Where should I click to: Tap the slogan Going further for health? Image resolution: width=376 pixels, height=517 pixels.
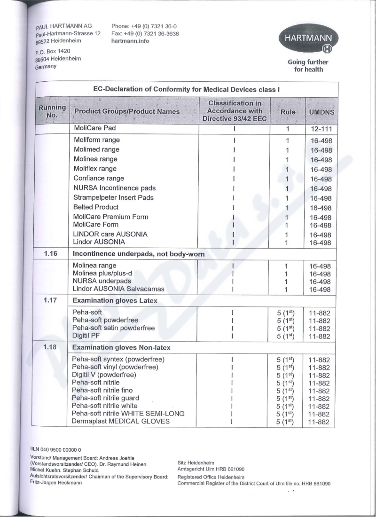tap(308, 66)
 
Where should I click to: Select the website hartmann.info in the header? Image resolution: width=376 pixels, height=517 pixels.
tap(130, 41)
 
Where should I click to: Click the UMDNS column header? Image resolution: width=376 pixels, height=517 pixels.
tap(321, 112)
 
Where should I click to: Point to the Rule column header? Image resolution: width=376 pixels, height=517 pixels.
tap(288, 112)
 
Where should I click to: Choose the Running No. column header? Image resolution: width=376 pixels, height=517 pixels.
tap(51, 111)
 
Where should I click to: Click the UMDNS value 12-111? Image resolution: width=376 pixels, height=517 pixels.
tap(321, 129)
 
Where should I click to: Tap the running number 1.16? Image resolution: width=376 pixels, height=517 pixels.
tap(51, 254)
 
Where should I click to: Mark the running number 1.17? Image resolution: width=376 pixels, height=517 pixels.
tap(51, 299)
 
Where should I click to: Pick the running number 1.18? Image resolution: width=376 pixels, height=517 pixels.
tap(51, 347)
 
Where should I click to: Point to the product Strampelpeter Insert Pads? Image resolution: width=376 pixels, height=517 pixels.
tap(114, 197)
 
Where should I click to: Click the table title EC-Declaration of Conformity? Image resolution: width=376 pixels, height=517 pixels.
tap(187, 89)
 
